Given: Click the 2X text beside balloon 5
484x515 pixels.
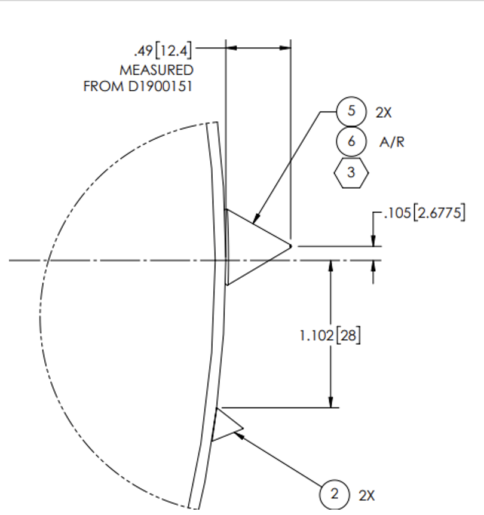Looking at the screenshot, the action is tap(384, 113).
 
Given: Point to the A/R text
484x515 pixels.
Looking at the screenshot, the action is tap(391, 142).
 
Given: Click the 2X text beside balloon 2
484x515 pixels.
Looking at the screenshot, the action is tap(367, 496).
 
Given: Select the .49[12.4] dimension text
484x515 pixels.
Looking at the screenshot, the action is tap(163, 51).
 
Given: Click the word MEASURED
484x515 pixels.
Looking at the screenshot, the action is tap(157, 70).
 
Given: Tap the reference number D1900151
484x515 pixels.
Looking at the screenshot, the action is tap(160, 87).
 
